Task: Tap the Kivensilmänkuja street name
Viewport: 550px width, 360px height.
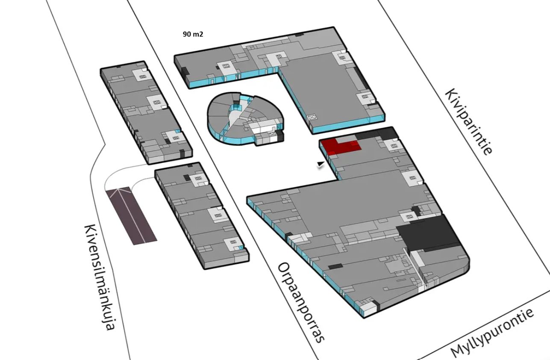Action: [99, 277]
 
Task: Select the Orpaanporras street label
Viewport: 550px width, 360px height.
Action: [301, 302]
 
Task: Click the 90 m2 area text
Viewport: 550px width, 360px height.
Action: [193, 34]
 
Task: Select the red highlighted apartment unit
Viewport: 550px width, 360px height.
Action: [341, 146]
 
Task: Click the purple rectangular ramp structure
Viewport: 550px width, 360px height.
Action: [131, 215]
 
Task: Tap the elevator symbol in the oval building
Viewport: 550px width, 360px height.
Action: [271, 134]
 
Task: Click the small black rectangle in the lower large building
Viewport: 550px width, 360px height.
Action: [335, 266]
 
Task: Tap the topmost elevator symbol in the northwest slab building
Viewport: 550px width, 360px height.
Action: [142, 77]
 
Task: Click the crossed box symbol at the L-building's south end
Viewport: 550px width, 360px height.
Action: [312, 117]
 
